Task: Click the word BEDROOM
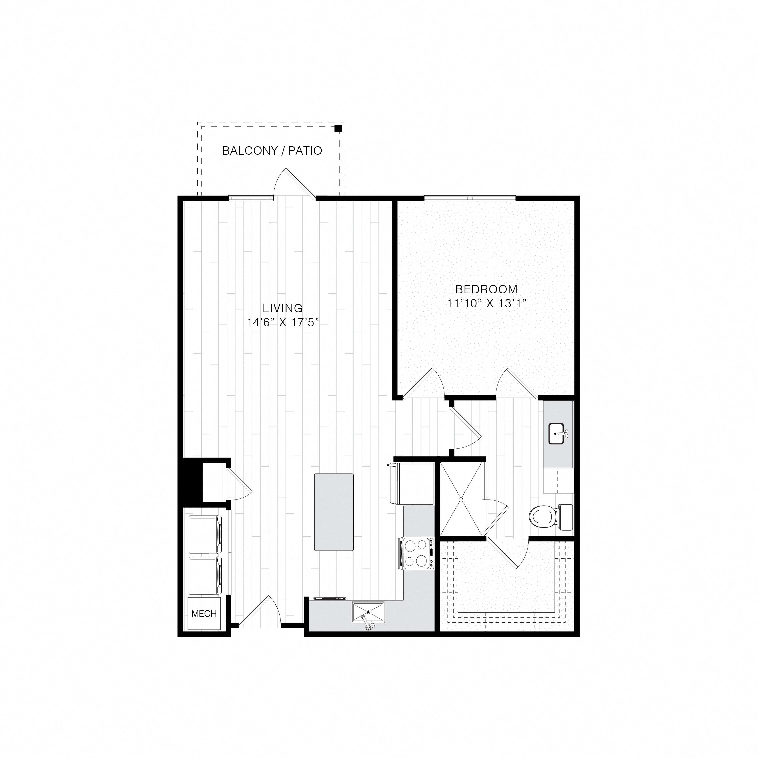pyautogui.click(x=486, y=290)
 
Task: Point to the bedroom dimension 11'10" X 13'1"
pyautogui.click(x=486, y=304)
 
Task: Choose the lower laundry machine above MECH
pyautogui.click(x=205, y=575)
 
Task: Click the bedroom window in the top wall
pyautogui.click(x=470, y=198)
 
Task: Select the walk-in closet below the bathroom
pyautogui.click(x=506, y=588)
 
